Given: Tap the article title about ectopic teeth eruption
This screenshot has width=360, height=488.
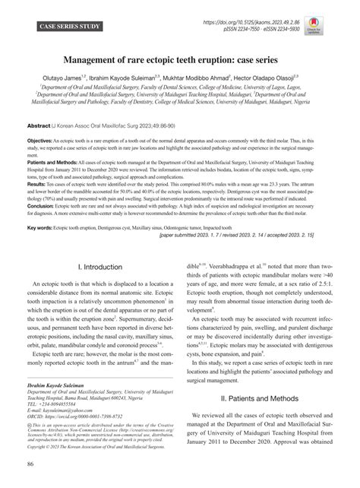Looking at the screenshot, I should point(180,60).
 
